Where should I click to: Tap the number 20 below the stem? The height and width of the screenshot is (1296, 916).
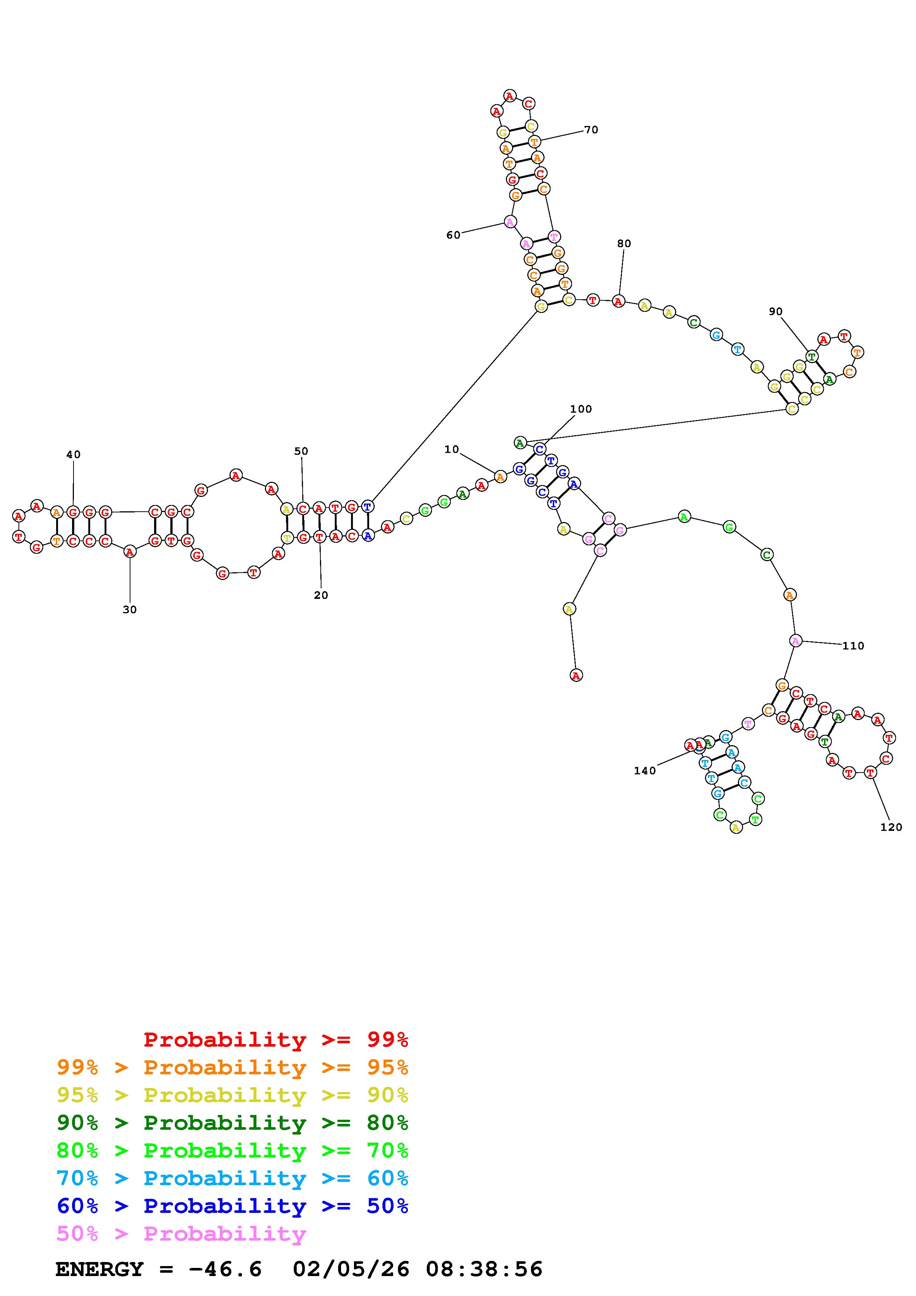click(x=321, y=595)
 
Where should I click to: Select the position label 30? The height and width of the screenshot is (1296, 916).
click(x=130, y=610)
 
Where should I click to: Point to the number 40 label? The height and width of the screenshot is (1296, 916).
click(x=74, y=454)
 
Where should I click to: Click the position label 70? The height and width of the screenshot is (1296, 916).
click(x=591, y=130)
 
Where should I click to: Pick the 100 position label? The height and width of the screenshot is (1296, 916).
click(x=581, y=409)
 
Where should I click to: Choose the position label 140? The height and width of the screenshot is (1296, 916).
click(x=644, y=771)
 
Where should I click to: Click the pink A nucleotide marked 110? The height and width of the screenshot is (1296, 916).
click(x=795, y=641)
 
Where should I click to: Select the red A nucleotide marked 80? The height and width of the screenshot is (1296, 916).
click(x=619, y=301)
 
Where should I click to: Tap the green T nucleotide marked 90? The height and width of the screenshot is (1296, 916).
click(x=811, y=356)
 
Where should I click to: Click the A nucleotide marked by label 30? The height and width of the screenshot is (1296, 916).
click(x=130, y=552)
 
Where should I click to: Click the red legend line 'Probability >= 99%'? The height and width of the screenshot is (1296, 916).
click(x=275, y=1040)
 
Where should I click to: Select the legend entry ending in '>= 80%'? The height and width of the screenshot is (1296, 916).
click(x=232, y=1123)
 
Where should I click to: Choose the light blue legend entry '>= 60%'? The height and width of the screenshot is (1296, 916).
click(x=232, y=1178)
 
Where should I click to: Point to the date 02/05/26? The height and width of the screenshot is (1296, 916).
click(x=351, y=1269)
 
